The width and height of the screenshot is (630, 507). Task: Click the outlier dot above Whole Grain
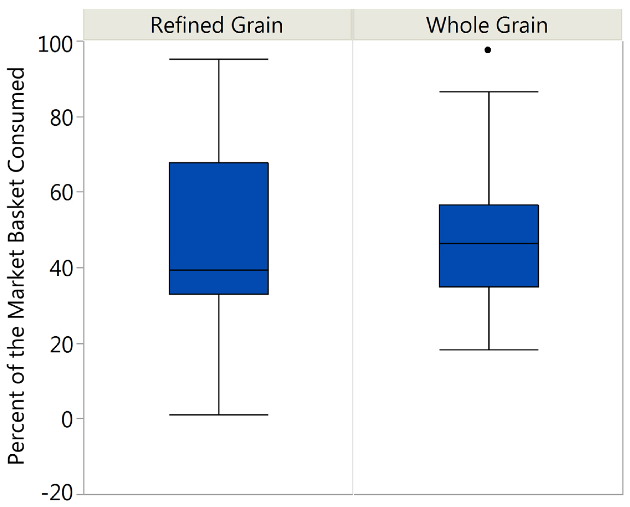click(488, 50)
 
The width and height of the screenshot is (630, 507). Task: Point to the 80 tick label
click(61, 119)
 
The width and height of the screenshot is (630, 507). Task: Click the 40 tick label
click(61, 269)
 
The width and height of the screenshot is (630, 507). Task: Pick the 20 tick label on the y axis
click(61, 345)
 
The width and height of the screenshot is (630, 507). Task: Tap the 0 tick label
click(67, 420)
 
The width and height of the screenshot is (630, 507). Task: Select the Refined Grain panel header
click(217, 25)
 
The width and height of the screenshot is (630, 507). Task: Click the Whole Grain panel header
click(487, 25)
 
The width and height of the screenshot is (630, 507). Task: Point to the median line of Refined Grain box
click(219, 270)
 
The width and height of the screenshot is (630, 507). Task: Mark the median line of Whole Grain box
click(489, 243)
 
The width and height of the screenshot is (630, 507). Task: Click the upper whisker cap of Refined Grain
click(219, 59)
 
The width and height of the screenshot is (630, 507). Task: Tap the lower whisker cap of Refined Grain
click(219, 415)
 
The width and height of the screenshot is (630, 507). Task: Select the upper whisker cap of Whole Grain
click(489, 92)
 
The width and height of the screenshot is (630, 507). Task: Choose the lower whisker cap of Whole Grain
click(489, 350)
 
